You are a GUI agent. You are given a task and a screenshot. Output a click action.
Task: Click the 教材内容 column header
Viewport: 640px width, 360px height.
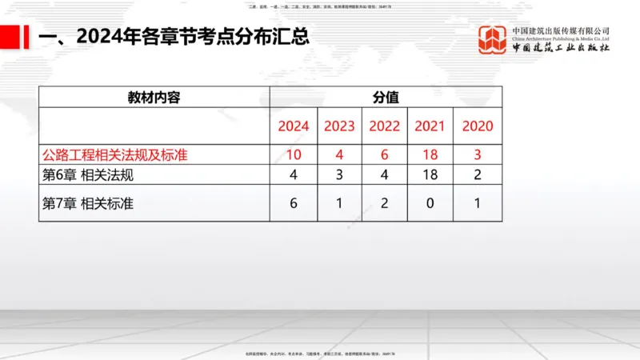[154, 97]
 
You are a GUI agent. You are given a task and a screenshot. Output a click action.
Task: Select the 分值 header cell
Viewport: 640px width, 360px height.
[386, 97]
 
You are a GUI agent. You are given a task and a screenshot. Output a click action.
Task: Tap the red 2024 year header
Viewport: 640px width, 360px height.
[293, 126]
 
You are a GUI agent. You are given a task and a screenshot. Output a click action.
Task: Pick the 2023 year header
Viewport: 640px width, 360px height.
[339, 126]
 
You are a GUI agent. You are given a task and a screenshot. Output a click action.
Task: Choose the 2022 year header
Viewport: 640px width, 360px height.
[385, 126]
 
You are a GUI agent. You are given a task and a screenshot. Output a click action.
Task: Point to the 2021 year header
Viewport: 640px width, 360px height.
[430, 126]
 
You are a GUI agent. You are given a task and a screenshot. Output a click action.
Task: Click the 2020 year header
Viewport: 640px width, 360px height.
[478, 126]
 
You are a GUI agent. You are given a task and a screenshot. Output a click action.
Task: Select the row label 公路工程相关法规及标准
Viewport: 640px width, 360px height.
[114, 154]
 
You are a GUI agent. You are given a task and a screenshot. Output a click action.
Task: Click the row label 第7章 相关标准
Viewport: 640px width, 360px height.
[87, 204]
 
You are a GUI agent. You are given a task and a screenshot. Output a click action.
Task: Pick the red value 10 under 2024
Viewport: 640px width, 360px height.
[293, 154]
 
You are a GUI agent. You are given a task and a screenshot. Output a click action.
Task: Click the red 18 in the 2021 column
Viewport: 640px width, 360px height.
[430, 154]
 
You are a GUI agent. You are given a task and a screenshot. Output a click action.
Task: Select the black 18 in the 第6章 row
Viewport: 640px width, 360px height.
[430, 174]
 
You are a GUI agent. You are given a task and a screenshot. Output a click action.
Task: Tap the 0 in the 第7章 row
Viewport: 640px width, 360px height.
[430, 204]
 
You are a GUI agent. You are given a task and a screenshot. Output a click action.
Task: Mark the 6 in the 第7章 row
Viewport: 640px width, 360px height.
[293, 204]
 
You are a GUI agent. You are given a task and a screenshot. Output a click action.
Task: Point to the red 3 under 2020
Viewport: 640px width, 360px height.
[478, 154]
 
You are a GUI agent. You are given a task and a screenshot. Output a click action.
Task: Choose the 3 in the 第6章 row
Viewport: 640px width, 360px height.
[339, 174]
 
